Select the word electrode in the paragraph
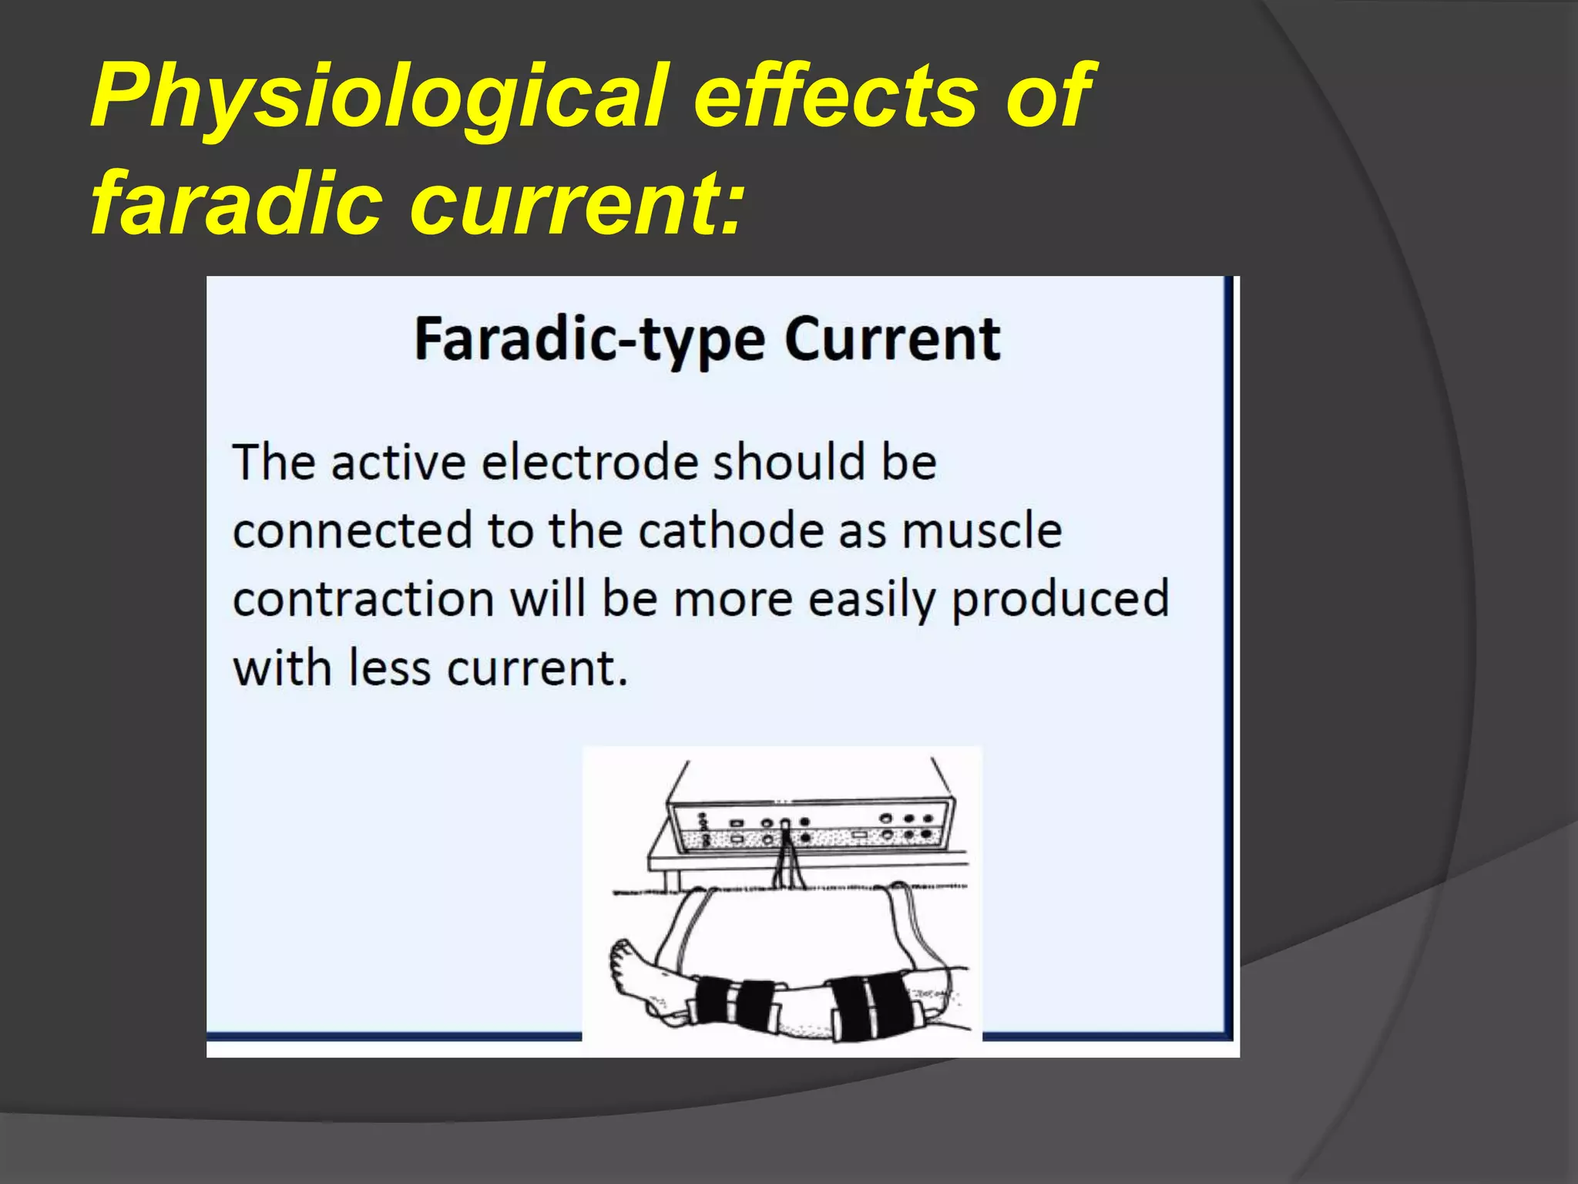(x=590, y=462)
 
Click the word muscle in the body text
(x=982, y=531)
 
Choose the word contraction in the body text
(x=363, y=600)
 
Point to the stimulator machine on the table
(x=809, y=821)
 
